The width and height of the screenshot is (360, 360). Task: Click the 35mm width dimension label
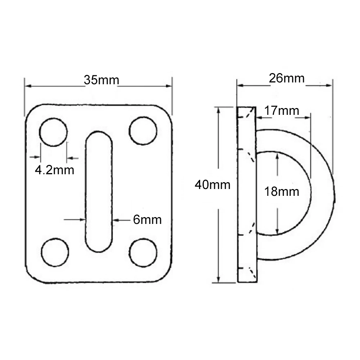101,80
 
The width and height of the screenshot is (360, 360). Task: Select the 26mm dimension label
287,78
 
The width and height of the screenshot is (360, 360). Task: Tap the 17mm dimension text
281,111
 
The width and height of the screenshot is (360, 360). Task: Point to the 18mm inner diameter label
282,192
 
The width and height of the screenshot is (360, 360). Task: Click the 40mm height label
212,185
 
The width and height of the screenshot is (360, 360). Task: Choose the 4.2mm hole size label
54,170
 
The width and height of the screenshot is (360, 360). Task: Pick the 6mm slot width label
147,220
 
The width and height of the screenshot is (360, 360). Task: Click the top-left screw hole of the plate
53,132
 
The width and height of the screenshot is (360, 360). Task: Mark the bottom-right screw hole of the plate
143,252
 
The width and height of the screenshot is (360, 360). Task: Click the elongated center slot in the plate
99,191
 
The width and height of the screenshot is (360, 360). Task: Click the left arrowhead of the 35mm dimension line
27,86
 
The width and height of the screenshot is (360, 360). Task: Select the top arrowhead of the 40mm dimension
219,109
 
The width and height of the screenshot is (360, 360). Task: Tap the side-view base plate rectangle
247,194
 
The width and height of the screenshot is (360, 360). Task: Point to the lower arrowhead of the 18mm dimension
277,230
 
